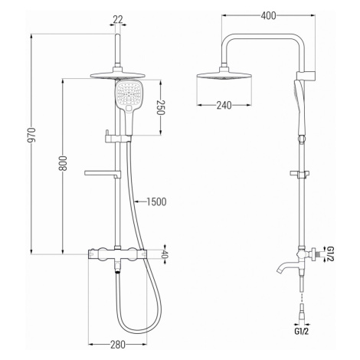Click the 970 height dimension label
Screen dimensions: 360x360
coord(32,135)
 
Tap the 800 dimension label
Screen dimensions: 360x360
coord(64,163)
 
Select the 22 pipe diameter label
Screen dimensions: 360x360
coord(118,19)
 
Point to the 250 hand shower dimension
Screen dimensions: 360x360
coord(160,107)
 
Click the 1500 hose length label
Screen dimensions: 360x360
coord(156,201)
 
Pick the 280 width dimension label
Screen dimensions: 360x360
coord(118,345)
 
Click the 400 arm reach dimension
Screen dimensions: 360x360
coord(268,16)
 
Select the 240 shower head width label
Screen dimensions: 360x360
coord(224,105)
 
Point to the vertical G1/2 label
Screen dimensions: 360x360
coord(330,254)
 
